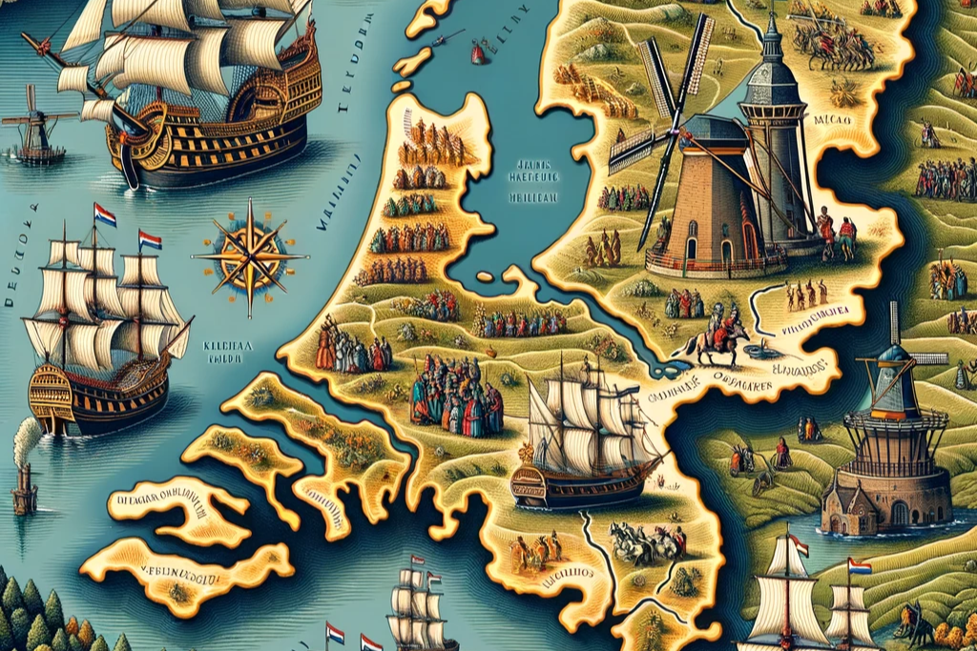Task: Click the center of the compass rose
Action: (250, 255)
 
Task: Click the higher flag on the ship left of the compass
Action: (105, 215)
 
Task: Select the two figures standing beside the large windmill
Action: (835, 234)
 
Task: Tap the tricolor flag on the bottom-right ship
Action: (859, 566)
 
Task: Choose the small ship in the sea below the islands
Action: (420, 606)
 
